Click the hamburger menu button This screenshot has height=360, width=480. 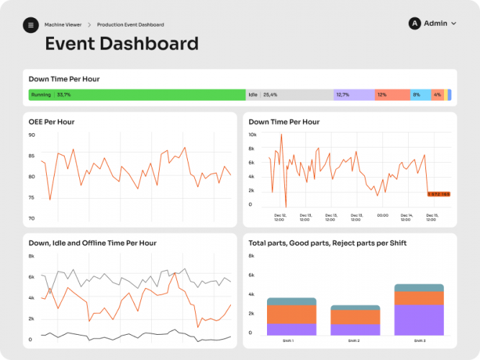tap(30, 25)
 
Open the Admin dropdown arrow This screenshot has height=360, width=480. tap(453, 24)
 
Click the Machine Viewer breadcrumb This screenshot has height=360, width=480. tap(63, 25)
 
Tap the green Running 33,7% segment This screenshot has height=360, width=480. tap(137, 94)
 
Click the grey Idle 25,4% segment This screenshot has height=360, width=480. tap(289, 94)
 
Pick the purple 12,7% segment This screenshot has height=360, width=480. tap(353, 94)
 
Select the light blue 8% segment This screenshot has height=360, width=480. tap(420, 94)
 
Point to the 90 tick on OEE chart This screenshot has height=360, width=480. tap(32, 135)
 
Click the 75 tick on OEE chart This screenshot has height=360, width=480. tap(32, 198)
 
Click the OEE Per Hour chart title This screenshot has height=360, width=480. tap(51, 122)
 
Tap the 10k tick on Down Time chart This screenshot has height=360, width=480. tap(253, 135)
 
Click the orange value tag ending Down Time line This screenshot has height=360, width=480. tap(438, 194)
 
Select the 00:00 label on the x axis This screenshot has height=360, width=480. tap(383, 215)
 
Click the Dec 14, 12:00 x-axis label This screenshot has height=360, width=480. tap(407, 217)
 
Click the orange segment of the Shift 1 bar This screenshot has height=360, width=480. tap(291, 314)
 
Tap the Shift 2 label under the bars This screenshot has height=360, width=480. tap(355, 340)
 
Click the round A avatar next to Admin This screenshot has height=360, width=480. tap(415, 24)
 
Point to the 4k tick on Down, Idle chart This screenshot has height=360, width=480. tap(32, 297)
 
